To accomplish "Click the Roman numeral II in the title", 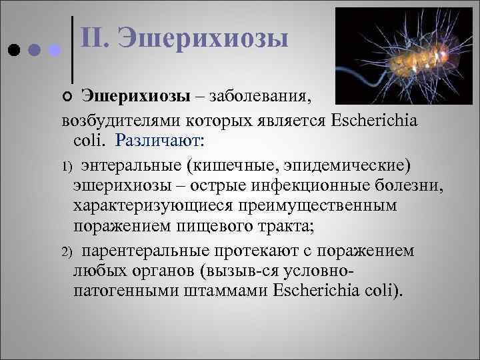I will click(x=95, y=38).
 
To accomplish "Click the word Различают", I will click(x=160, y=141).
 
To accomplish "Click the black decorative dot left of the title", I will click(x=15, y=51).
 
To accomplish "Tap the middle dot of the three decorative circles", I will click(x=35, y=51).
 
